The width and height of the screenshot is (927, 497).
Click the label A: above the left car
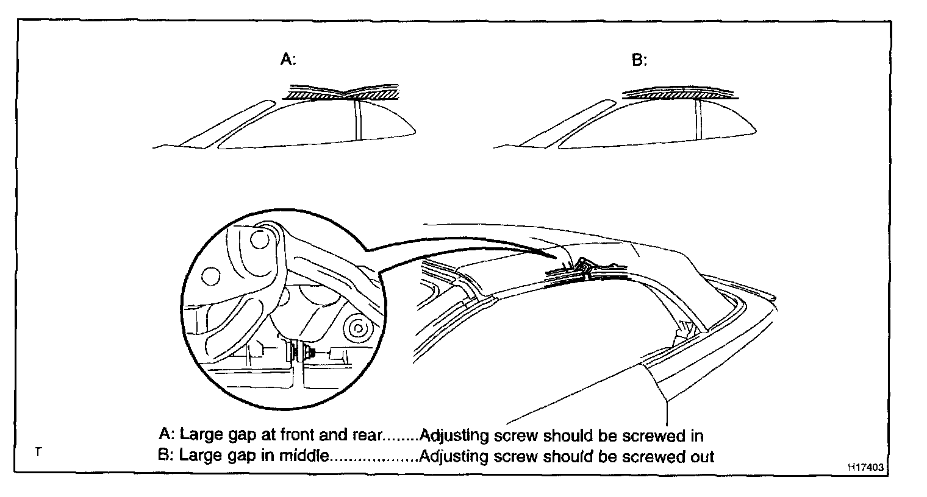pyautogui.click(x=287, y=59)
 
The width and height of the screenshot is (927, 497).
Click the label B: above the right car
pyautogui.click(x=639, y=61)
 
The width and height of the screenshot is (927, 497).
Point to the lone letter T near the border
pyautogui.click(x=38, y=452)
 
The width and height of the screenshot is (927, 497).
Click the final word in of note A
pyautogui.click(x=697, y=435)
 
